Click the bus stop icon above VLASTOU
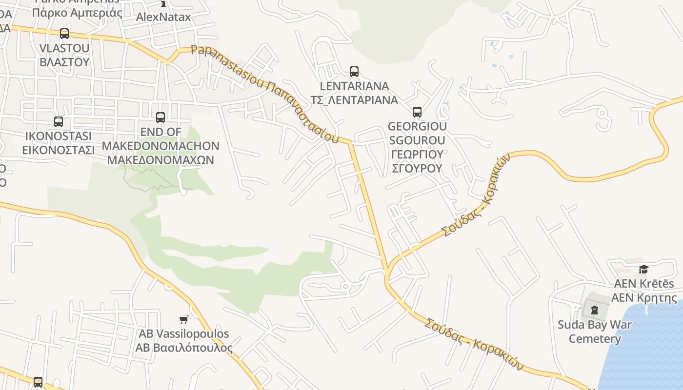pos(64,34)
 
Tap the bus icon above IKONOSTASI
pos(59,122)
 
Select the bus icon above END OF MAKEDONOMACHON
pos(161,117)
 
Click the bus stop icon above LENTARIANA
pos(354,72)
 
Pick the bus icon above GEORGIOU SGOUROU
pos(417,112)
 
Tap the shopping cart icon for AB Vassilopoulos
pos(183,320)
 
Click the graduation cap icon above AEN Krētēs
pos(643,270)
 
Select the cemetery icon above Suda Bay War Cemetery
pos(594,310)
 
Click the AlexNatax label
pos(163,17)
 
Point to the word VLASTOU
pos(64,48)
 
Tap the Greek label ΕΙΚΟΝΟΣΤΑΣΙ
pos(59,150)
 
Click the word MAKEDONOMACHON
pos(161,146)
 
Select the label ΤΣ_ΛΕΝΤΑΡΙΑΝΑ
pos(354,100)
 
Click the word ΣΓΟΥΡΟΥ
pos(417,168)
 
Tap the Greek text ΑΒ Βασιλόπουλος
pos(184,348)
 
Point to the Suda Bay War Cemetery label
pos(595,331)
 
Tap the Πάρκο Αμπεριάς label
pos(77,13)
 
